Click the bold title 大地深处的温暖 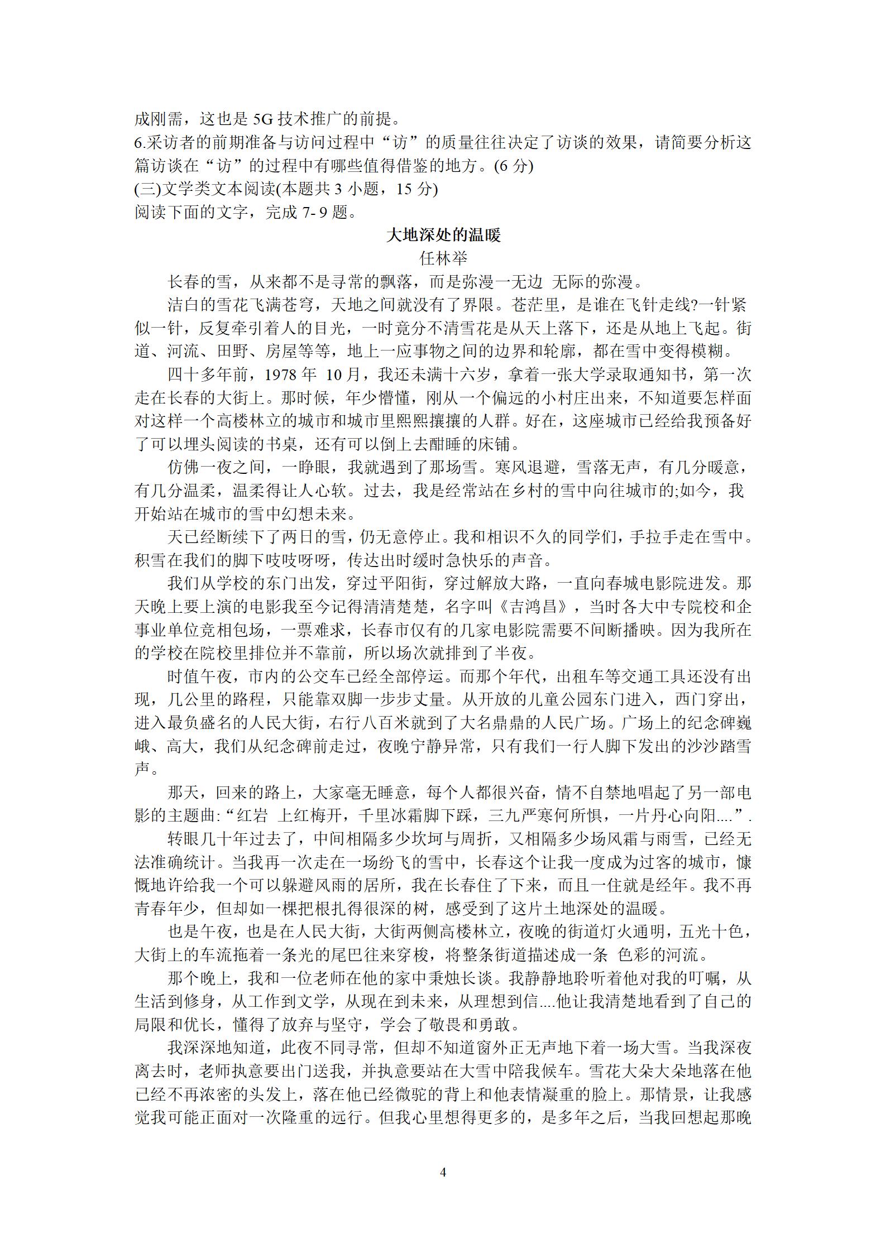[x=443, y=236]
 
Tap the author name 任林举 [x=443, y=259]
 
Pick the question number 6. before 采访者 [x=140, y=143]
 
